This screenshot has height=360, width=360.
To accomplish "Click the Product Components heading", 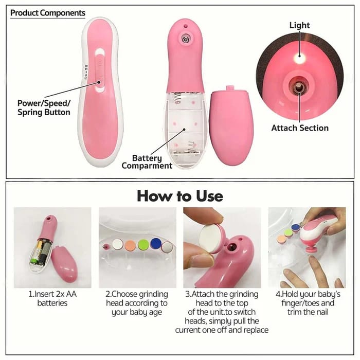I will pyautogui.click(x=48, y=13).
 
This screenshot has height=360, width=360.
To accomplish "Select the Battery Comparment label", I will pyautogui.click(x=147, y=162).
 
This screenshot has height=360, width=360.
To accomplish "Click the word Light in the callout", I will pyautogui.click(x=300, y=25).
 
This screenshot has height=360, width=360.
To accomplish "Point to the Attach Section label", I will pyautogui.click(x=300, y=128).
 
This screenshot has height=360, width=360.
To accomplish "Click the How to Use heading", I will pyautogui.click(x=179, y=196).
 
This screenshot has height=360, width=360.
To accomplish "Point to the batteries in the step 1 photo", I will pyautogui.click(x=41, y=253).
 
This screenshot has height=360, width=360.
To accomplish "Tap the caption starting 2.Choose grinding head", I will pyautogui.click(x=137, y=303).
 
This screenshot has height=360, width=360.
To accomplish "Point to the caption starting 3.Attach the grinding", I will pyautogui.click(x=222, y=312).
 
